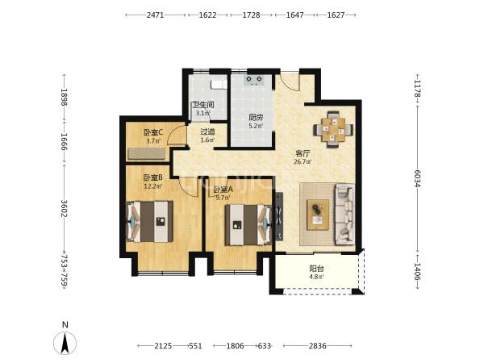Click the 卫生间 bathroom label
coord(202,105)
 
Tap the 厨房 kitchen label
coord(257,118)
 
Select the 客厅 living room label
coord(302,153)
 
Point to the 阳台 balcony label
coord(317,269)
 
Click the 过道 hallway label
coord(208,131)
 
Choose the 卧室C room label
coord(153,133)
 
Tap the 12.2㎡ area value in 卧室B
coord(153,186)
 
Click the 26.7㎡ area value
coord(302,161)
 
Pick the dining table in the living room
coord(333,130)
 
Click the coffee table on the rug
coord(318,215)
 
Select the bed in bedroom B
coord(150,221)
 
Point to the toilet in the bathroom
coord(218,84)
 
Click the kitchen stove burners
coord(254,80)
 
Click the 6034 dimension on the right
coord(417,178)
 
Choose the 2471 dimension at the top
coord(155,15)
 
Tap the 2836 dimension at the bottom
coord(317,346)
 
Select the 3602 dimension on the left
coord(65,209)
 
